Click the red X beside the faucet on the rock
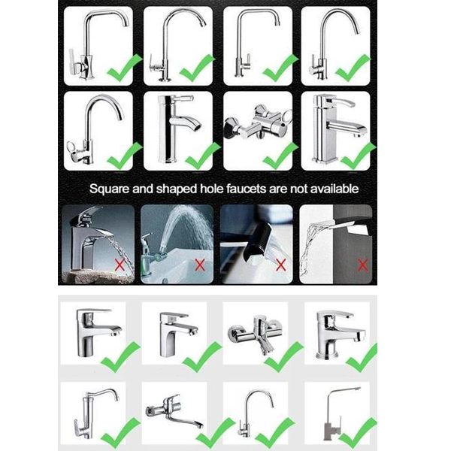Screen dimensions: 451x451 pyautogui.click(x=120, y=265)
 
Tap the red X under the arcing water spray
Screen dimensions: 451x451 pyautogui.click(x=200, y=265)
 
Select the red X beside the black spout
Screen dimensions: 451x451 pyautogui.click(x=280, y=265)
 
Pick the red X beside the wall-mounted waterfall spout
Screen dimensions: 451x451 pyautogui.click(x=363, y=265)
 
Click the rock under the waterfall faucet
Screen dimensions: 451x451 pyautogui.click(x=95, y=276)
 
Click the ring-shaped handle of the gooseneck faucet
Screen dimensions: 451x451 pyautogui.click(x=72, y=147)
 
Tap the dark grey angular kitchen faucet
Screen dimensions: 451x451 pyautogui.click(x=338, y=414)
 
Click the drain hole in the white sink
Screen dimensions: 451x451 pyautogui.click(x=165, y=280)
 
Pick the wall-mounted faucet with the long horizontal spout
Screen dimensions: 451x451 pyautogui.click(x=174, y=410)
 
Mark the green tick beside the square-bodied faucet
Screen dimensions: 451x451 pyautogui.click(x=358, y=156)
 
